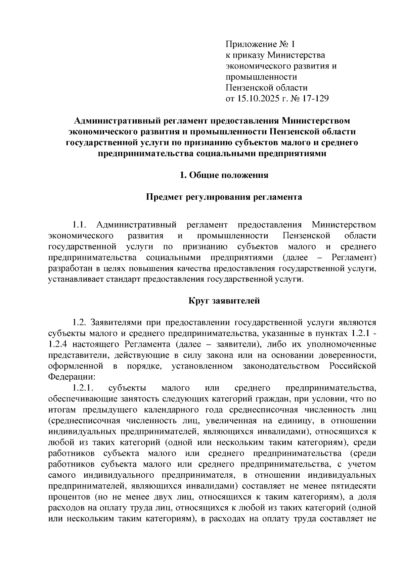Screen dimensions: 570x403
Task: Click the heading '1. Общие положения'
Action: click(x=224, y=175)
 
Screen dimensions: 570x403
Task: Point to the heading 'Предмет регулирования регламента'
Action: click(x=224, y=197)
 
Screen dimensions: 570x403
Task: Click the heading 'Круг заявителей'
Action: click(x=224, y=301)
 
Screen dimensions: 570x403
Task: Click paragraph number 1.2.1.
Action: click(x=82, y=388)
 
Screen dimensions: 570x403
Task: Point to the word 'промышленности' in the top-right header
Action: click(x=261, y=77)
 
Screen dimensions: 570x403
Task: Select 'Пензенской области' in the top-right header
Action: click(x=267, y=88)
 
